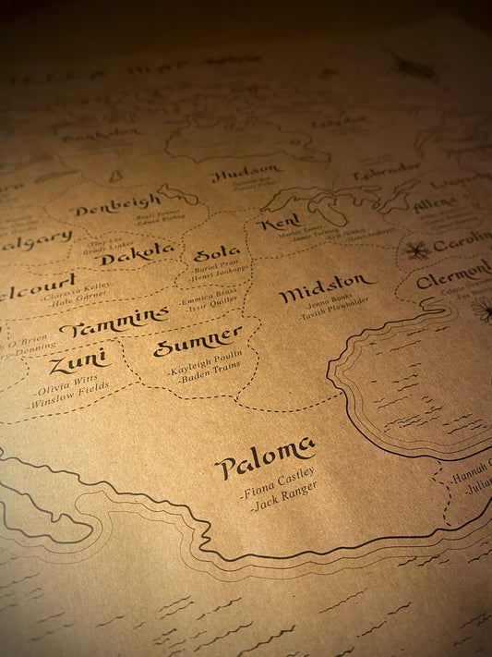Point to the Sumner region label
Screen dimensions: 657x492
coord(198,342)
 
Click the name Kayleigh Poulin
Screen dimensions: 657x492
coord(204,366)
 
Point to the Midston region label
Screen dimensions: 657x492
coord(327,288)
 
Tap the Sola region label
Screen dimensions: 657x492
coord(217,252)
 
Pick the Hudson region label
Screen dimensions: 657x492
coord(246,171)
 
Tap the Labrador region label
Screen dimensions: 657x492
coord(387,172)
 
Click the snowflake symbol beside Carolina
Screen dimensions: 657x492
coord(416,249)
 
